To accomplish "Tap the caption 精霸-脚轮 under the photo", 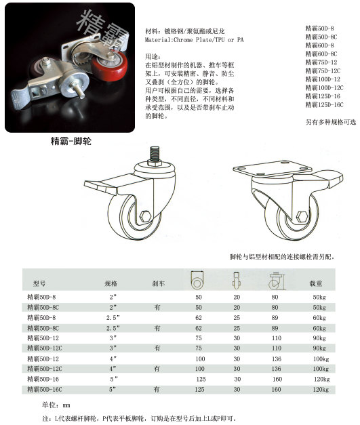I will coord(71,142).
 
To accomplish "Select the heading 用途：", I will coord(155,56).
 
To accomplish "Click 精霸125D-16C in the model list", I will coord(324,104).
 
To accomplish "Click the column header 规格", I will coord(111,283).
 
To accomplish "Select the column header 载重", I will coord(316,283).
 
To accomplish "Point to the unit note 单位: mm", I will coord(56,404).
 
